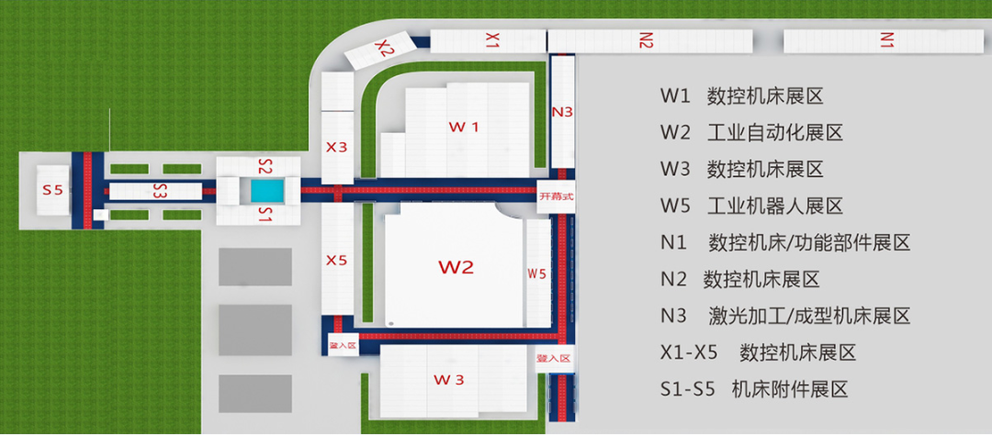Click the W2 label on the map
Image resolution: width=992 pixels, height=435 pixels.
click(456, 267)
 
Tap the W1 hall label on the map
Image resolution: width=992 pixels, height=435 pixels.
click(463, 127)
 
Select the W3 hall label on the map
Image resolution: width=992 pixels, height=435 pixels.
click(449, 380)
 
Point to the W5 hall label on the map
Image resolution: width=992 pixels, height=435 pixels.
click(537, 273)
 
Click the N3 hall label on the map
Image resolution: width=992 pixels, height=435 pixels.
click(562, 112)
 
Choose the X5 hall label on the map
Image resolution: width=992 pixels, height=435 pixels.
click(337, 261)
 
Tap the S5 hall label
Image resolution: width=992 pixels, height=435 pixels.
click(52, 191)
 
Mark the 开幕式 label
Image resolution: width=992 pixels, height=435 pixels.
click(557, 195)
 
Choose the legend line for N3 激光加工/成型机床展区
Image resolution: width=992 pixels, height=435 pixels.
click(785, 316)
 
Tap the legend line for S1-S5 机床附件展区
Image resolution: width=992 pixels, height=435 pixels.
click(753, 389)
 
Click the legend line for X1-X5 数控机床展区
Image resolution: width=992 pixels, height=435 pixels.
click(758, 352)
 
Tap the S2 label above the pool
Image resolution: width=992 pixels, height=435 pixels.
click(265, 167)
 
